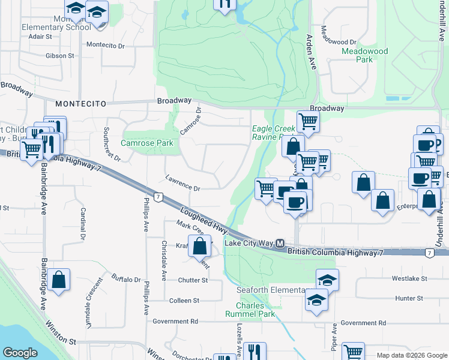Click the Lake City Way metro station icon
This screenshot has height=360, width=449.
(x=280, y=243)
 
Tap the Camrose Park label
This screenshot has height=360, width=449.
(x=147, y=143)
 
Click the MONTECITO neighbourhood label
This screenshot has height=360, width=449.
(x=76, y=104)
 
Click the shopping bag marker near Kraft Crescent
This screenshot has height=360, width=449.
(x=199, y=245)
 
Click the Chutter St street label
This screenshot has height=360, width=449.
(x=193, y=280)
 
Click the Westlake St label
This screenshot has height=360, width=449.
(x=409, y=279)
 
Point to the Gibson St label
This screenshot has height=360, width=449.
(x=59, y=56)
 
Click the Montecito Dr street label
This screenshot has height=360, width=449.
(x=105, y=44)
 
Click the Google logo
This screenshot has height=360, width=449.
(x=20, y=353)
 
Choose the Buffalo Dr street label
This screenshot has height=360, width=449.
(x=125, y=280)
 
